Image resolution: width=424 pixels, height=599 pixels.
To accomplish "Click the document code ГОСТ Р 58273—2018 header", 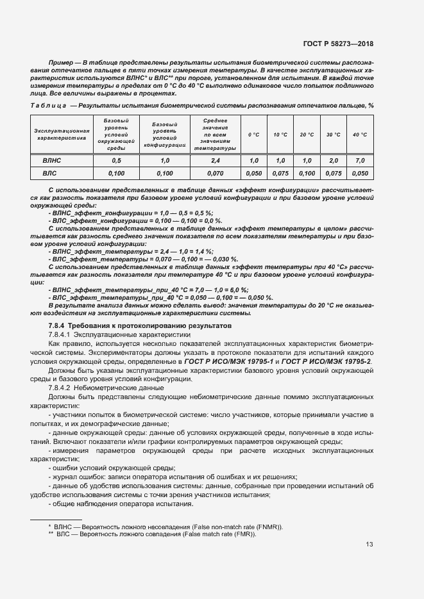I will tap(337, 44).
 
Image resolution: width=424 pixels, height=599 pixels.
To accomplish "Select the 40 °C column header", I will tap(360, 135).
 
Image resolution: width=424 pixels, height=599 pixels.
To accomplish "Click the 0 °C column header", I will tap(254, 135).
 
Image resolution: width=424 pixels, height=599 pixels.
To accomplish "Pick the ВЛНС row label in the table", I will tap(51, 160).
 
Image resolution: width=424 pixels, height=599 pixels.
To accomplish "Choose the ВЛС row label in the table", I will tap(51, 173).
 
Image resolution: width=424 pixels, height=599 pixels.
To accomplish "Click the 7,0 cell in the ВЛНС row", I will tap(360, 160).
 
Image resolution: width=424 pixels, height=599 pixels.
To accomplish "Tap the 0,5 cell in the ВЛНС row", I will tap(116, 160).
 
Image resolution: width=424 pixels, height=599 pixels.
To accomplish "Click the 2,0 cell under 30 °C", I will tap(333, 160).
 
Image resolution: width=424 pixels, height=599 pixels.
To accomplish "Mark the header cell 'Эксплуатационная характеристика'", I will tap(56, 134).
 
